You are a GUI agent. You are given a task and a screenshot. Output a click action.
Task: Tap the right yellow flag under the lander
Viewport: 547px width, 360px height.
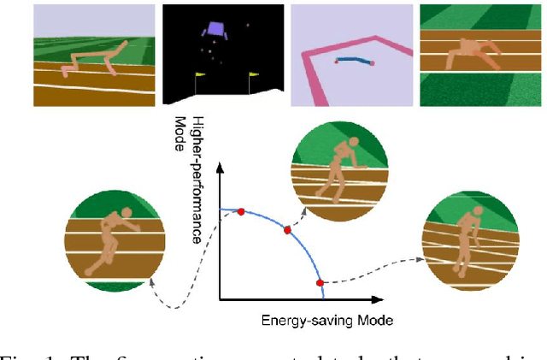coord(250,78)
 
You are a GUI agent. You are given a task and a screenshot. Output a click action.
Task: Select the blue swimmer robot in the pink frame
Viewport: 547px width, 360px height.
coord(353,61)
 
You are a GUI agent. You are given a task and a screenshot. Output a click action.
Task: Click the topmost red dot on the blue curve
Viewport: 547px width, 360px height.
coord(240,211)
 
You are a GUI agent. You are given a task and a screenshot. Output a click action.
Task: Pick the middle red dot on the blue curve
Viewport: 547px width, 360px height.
coord(287,231)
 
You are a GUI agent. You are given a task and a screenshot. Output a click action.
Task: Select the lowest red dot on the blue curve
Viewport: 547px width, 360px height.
coord(320,282)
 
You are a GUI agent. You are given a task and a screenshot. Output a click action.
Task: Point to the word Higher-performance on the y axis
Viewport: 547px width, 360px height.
coord(197,180)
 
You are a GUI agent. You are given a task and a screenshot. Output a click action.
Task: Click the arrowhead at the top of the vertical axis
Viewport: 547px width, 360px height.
coord(221,166)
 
